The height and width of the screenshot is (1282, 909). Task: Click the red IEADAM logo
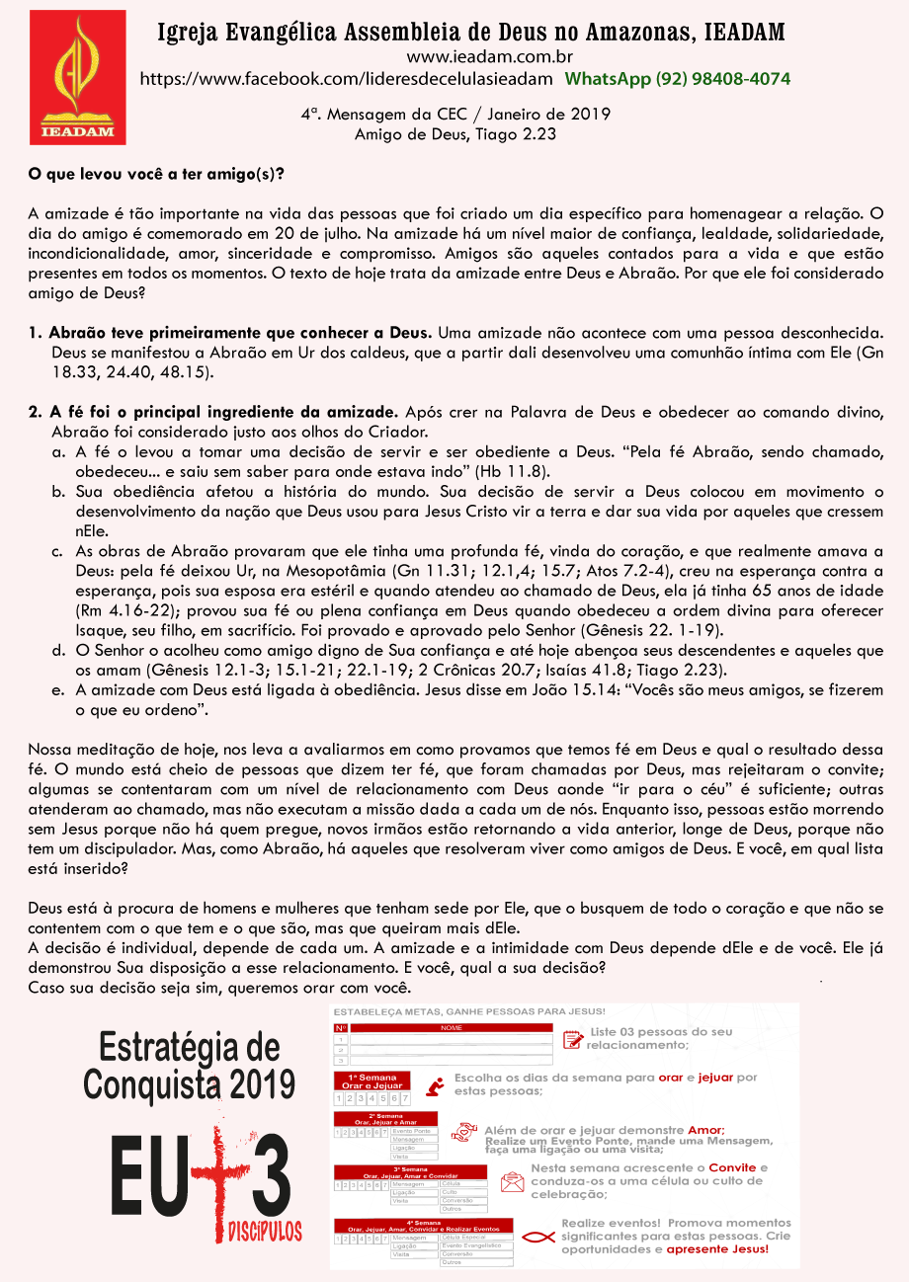(x=78, y=77)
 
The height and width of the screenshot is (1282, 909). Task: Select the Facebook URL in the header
(x=347, y=79)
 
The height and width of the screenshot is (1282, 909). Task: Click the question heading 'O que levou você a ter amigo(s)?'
(x=156, y=174)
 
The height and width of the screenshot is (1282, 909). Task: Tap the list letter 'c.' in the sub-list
(x=58, y=550)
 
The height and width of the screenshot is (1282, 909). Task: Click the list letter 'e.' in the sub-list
(x=58, y=689)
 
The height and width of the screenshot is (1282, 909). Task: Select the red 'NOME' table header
(x=451, y=1028)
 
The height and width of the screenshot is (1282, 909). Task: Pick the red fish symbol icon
(x=537, y=1235)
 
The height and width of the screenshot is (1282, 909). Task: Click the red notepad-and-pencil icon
(x=571, y=1038)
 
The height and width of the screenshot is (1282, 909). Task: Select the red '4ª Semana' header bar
(x=423, y=1226)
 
